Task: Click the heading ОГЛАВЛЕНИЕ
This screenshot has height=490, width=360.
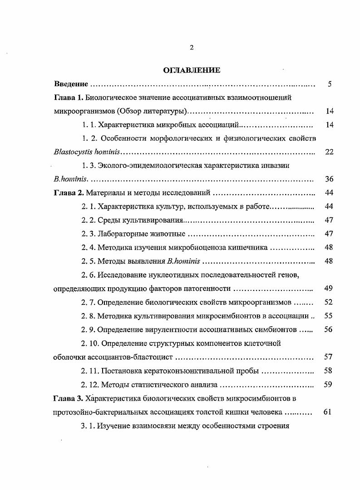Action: pyautogui.click(x=192, y=70)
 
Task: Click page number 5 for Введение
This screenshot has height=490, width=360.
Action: pyautogui.click(x=330, y=84)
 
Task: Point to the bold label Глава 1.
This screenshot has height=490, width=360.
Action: pyautogui.click(x=69, y=98)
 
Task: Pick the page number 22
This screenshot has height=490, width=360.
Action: pyautogui.click(x=330, y=152)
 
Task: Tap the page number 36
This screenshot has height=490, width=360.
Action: pyautogui.click(x=330, y=179)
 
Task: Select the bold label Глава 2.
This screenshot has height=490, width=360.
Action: pyautogui.click(x=69, y=193)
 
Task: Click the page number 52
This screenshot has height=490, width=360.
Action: pyautogui.click(x=330, y=303)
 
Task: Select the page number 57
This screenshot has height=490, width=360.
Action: pyautogui.click(x=330, y=357)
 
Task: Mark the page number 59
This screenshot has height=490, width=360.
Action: pyautogui.click(x=330, y=385)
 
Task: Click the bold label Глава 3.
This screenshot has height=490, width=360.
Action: pyautogui.click(x=69, y=399)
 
